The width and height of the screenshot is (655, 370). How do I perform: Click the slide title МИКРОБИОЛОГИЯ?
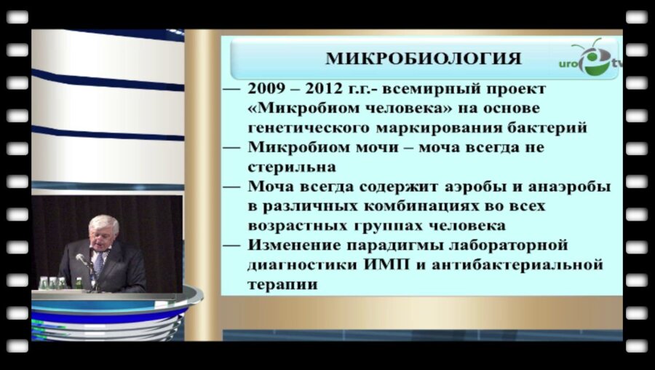(x=423, y=58)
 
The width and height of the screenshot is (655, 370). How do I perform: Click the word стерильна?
(x=285, y=166)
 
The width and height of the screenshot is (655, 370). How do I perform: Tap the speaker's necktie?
(x=98, y=262)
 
